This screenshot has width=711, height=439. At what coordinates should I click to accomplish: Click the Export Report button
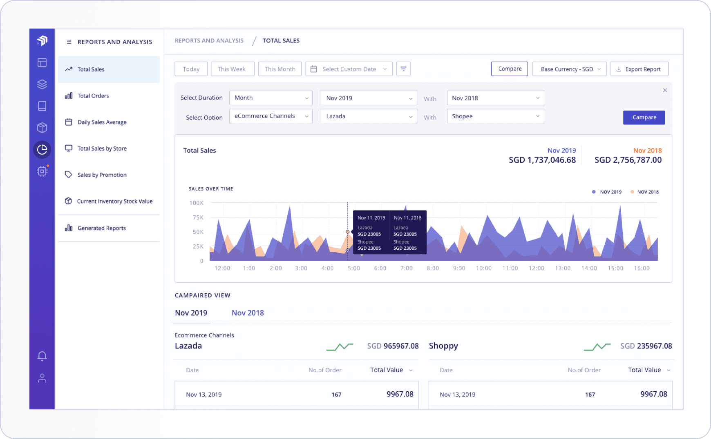pos(639,69)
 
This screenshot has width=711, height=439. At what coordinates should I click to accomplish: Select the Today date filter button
pos(191,69)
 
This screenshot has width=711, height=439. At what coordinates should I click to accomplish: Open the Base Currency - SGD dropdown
pos(570,69)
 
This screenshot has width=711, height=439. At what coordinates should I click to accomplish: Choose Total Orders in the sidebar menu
pos(93,96)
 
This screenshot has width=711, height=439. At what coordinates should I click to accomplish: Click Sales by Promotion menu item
pos(102,175)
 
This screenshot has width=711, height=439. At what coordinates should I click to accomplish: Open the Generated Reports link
pos(101,228)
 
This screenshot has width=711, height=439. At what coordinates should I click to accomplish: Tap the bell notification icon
pos(42,356)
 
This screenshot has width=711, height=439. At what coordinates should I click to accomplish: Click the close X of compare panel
pos(665,90)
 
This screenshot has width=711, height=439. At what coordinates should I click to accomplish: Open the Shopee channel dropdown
pos(495,116)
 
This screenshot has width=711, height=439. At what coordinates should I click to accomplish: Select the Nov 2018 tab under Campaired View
pos(248,313)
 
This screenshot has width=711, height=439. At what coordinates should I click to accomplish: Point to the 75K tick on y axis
pos(198,217)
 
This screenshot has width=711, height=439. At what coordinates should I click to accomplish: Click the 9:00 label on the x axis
pos(459,268)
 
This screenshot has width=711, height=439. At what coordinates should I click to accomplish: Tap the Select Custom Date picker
pos(349,69)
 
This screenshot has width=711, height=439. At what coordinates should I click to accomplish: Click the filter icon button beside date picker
pos(403,69)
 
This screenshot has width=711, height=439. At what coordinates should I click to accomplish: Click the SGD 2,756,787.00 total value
pos(628,160)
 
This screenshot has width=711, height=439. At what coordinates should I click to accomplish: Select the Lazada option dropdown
pos(369,116)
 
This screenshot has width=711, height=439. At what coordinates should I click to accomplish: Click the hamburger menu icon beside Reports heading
pos(69,42)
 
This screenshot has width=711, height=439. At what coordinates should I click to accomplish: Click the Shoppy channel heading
pos(443,346)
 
